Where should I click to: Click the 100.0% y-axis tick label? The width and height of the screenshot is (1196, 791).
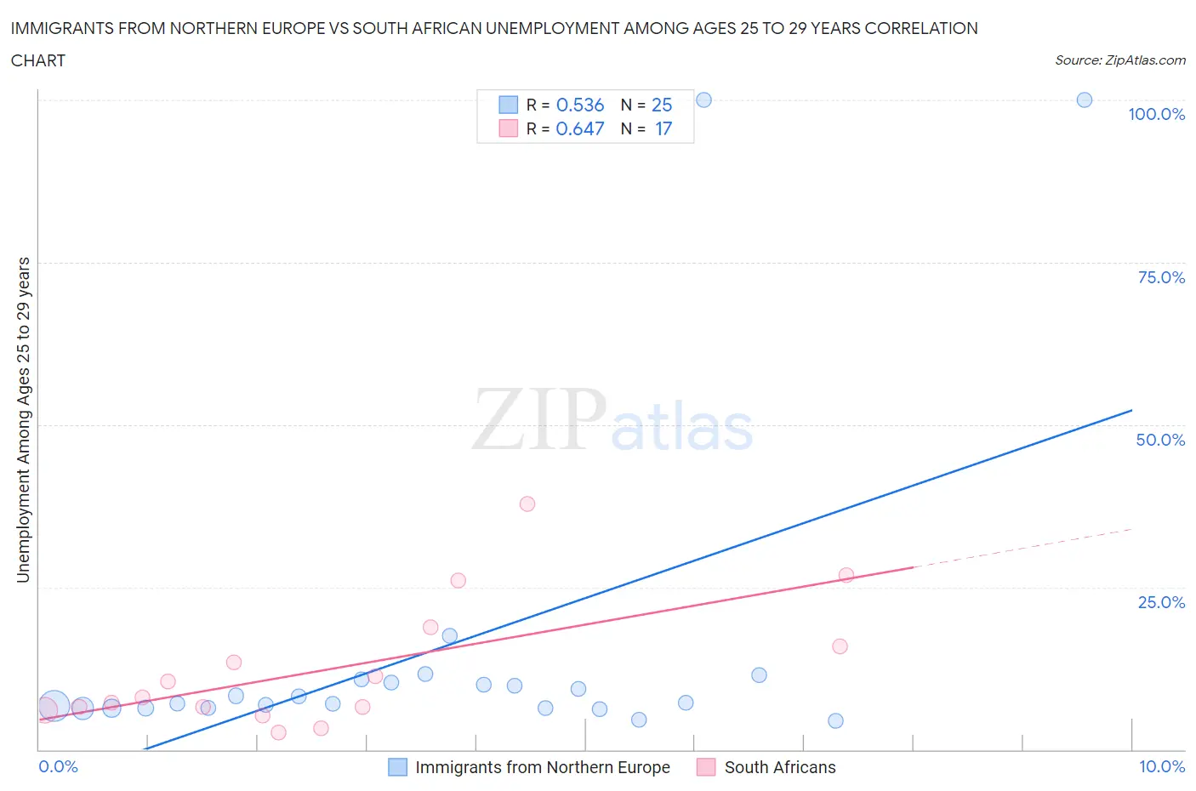pos(1156,114)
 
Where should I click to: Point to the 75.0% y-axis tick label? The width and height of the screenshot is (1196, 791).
pos(1161,277)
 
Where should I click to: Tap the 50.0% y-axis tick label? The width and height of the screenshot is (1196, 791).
pos(1160,440)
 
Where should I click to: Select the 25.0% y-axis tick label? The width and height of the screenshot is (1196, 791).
pos(1161,602)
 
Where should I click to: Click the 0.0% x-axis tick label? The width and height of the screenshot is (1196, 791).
pos(58,766)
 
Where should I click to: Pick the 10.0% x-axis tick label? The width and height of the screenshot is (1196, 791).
pos(1161,766)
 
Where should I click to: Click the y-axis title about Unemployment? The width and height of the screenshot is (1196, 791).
pos(23,419)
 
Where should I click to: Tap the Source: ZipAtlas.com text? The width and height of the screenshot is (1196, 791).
pos(1119,60)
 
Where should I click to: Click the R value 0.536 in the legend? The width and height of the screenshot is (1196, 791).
pos(579,105)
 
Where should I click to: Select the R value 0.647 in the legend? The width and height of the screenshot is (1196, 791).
pos(579,128)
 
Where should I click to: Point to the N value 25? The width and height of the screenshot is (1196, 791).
pos(661,105)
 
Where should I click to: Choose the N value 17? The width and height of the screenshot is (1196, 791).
pos(663,128)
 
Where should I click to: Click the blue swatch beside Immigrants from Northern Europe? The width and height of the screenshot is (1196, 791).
pos(397,767)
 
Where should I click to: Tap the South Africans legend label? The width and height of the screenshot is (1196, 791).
pos(779,767)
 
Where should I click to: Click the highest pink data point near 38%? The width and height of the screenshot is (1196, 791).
pos(527,504)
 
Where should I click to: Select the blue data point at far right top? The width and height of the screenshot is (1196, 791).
pos(1085,100)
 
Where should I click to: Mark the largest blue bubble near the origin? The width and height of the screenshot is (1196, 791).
pos(54,705)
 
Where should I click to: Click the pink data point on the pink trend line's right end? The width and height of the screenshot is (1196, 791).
pos(846,575)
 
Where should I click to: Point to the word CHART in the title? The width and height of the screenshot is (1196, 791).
pos(38,60)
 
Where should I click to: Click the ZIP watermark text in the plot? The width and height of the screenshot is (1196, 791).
pos(539,419)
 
